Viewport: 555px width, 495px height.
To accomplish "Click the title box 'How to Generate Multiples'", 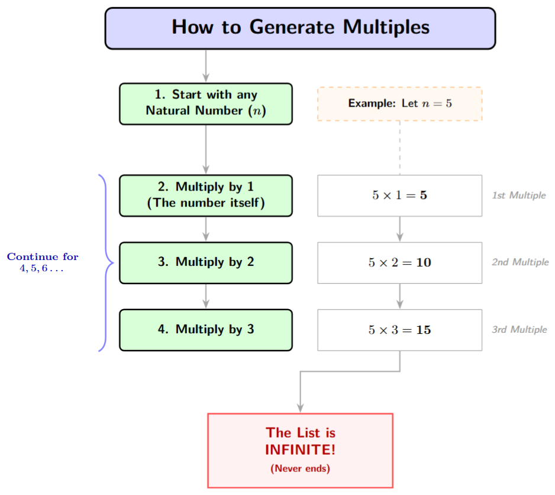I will [x=300, y=28].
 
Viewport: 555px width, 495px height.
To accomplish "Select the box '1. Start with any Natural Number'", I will [x=206, y=104].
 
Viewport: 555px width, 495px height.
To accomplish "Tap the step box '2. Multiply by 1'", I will [x=206, y=195].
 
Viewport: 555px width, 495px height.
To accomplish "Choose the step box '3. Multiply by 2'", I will [x=206, y=262].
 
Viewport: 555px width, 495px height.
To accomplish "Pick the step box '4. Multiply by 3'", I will [x=206, y=330].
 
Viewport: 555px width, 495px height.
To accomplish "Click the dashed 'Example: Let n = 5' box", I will [x=400, y=104].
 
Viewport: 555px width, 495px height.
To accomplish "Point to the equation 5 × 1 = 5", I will [x=400, y=195].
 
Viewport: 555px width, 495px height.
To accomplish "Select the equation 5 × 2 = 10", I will [x=400, y=262].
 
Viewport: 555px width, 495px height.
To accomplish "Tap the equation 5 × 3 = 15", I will [x=400, y=330].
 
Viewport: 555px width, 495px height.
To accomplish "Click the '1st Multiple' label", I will [x=518, y=195].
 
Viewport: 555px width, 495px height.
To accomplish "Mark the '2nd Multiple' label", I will [x=520, y=262].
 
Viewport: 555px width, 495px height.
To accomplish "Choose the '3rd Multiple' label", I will [x=519, y=330].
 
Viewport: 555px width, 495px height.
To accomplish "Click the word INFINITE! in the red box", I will [x=300, y=449].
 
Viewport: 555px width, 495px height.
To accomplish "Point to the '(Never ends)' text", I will [x=300, y=468].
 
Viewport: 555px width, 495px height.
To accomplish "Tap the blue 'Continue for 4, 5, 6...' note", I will [x=43, y=263].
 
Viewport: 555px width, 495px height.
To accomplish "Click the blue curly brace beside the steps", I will [x=106, y=262].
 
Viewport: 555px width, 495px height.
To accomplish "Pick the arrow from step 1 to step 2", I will [x=206, y=149].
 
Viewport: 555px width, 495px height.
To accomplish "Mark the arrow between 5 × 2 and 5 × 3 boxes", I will [x=400, y=296].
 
